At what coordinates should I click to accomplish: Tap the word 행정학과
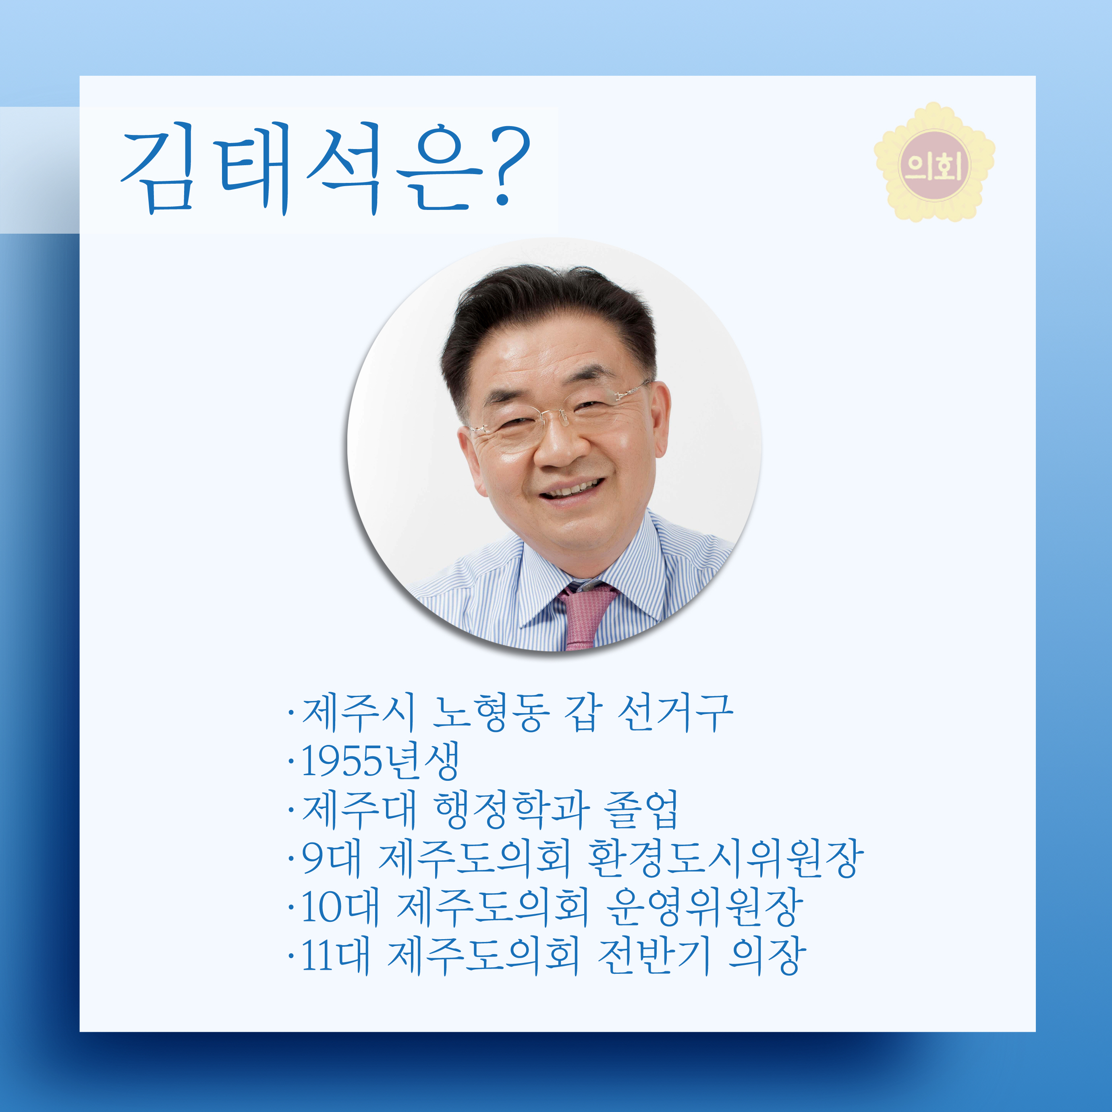(512, 810)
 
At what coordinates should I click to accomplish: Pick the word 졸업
(641, 810)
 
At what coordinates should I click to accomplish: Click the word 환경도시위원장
(725, 858)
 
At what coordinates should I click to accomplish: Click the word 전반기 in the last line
(653, 956)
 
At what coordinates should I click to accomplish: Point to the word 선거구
(675, 713)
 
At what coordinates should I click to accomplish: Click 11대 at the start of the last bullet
(335, 956)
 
